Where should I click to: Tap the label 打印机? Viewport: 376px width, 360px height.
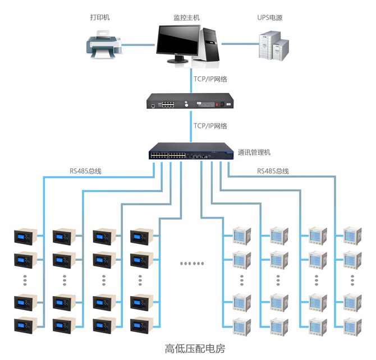click(100, 17)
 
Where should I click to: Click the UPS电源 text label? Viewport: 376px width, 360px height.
click(269, 17)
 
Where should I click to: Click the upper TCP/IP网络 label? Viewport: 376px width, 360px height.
click(210, 79)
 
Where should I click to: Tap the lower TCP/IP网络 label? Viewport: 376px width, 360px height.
click(210, 126)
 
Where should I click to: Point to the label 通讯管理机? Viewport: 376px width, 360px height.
click(254, 153)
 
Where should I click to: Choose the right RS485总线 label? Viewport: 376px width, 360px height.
click(273, 170)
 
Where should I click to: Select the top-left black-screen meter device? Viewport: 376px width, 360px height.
click(27, 237)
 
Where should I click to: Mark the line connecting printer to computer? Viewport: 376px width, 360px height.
click(137, 44)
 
